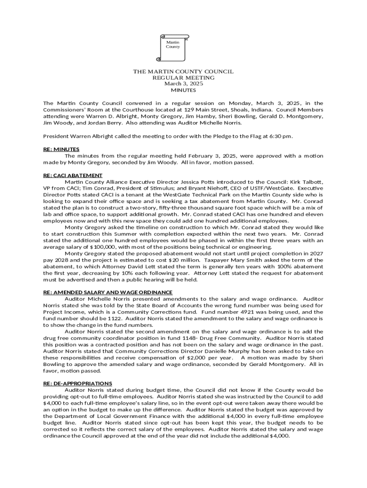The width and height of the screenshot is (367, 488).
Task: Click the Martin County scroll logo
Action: tap(173, 48)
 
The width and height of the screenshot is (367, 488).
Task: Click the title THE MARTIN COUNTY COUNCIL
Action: tap(183, 71)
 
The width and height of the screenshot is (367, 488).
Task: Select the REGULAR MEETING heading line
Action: tap(183, 78)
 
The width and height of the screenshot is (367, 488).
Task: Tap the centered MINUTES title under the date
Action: tap(183, 90)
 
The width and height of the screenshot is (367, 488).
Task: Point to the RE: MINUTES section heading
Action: tap(61, 149)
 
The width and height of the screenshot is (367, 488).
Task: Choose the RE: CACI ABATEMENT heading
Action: tap(73, 175)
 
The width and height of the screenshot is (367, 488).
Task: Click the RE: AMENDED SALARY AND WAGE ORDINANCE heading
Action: tap(108, 292)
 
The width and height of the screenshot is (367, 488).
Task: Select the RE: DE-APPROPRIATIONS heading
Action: tap(78, 383)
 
